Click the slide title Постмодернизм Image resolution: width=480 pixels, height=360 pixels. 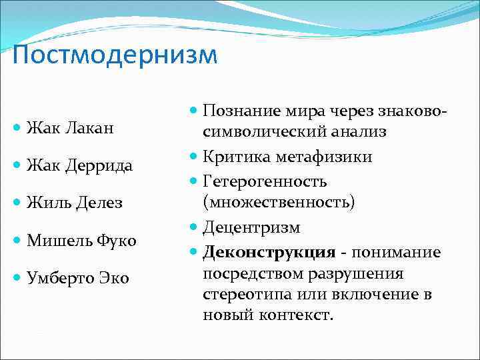pos(115,55)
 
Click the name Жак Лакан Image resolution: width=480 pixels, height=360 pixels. pos(69,128)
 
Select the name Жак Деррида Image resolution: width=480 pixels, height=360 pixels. pos(79,165)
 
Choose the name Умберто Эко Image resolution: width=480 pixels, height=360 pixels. pos(77,277)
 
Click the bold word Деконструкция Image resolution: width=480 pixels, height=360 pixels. pos(269,253)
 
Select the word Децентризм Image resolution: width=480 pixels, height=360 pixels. pos(251,227)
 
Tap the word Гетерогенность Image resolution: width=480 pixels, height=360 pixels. pos(264,181)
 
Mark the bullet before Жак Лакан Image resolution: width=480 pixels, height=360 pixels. pos(18,128)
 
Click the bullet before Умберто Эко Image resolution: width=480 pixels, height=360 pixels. pos(18,277)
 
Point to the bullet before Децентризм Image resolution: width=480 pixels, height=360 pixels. pos(194,227)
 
